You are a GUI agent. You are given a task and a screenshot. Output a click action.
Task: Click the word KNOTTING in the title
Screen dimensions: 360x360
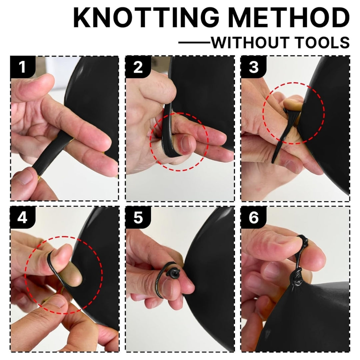point(146,18)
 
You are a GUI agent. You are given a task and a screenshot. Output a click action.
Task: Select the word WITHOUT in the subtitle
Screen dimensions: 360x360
point(250,42)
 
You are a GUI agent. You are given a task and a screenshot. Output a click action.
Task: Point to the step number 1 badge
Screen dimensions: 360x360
point(23,67)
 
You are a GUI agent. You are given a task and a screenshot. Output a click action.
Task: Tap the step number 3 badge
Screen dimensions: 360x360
point(253,67)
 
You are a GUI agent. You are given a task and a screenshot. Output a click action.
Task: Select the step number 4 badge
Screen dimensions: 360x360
point(23,217)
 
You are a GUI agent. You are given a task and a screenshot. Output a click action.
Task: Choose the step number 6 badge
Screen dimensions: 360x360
point(253,217)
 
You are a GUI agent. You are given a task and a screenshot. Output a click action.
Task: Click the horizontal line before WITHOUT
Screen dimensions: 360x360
point(194,42)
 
